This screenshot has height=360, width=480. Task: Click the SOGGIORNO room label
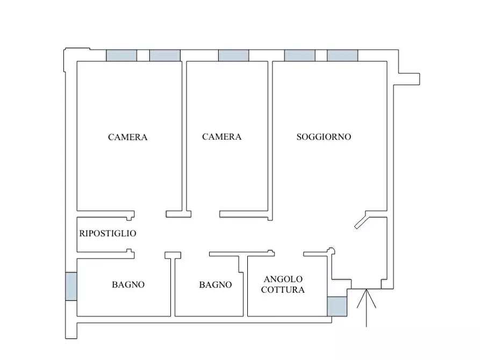point(324,137)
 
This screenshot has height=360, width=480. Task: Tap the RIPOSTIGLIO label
point(108,234)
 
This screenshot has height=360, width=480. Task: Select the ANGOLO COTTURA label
point(283,284)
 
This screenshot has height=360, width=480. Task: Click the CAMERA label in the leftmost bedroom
point(128,137)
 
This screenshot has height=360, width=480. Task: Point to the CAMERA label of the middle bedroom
point(221,137)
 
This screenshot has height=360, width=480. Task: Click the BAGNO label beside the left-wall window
point(128,285)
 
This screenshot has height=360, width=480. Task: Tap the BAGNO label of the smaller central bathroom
point(215,285)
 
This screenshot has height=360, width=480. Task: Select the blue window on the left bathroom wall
point(71,286)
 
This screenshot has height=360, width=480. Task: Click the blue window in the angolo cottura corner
point(337,306)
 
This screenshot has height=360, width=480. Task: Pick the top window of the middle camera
point(233,55)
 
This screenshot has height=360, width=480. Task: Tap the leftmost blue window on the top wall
point(121,55)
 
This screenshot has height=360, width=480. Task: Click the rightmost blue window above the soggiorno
point(342,55)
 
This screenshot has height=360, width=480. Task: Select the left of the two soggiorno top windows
point(299,55)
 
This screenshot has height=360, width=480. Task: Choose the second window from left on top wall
point(164,55)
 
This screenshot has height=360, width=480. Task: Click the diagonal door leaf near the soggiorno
point(361,221)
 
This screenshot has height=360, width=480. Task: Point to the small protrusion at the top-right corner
point(409,78)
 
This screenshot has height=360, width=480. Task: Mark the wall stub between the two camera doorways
point(179,214)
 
